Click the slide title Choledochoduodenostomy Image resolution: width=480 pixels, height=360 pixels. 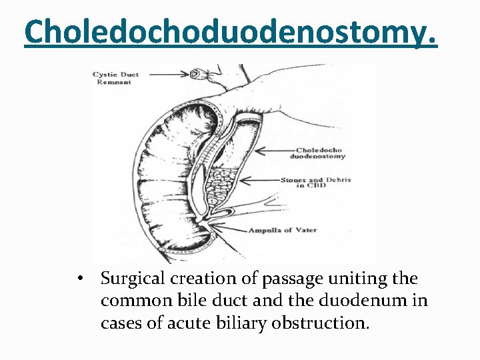tap(231, 33)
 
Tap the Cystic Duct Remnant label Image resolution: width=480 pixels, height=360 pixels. tap(116, 78)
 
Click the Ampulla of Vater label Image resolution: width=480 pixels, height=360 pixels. tap(283, 231)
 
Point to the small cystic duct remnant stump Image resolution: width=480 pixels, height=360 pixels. tap(198, 74)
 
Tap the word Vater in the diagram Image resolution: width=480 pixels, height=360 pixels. tap(304, 231)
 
